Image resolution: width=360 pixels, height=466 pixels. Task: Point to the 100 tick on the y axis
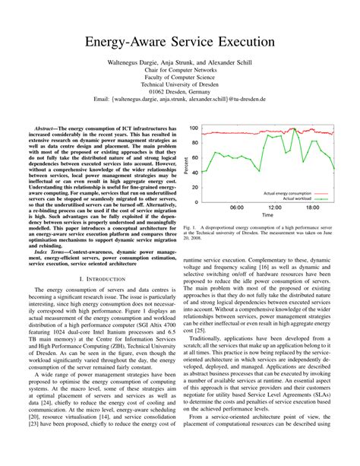pos(194,129)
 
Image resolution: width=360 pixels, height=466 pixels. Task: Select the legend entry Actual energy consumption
pos(286,193)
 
